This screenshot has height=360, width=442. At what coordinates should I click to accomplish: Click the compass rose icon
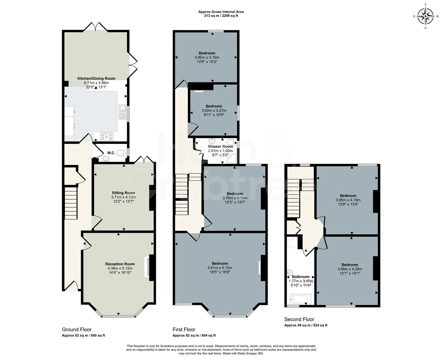coord(426,16)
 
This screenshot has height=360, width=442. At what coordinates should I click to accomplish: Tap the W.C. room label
coord(111,153)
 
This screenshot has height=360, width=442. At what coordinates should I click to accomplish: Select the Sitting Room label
coord(123,193)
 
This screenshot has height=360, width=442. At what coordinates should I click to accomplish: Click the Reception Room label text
coord(120,264)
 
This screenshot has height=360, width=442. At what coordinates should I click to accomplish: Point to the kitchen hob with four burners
coord(107,136)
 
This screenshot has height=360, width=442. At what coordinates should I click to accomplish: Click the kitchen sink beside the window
coord(122,112)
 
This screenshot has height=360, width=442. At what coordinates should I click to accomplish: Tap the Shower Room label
coord(220,146)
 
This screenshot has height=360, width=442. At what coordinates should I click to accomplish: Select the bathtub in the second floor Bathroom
coord(300,299)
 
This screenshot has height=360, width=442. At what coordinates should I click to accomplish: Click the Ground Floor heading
coord(76,329)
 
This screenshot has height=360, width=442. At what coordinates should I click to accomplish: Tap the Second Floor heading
coord(299,319)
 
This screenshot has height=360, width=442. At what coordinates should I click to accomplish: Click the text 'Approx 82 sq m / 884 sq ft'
coord(194,336)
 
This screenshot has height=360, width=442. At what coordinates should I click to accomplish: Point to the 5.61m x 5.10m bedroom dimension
coord(219,268)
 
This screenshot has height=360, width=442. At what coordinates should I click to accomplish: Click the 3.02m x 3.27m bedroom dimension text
coord(213,111)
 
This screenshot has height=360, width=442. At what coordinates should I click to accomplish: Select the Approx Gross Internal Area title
coord(221,12)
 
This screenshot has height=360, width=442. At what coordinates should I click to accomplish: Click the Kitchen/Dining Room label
coord(96,79)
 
